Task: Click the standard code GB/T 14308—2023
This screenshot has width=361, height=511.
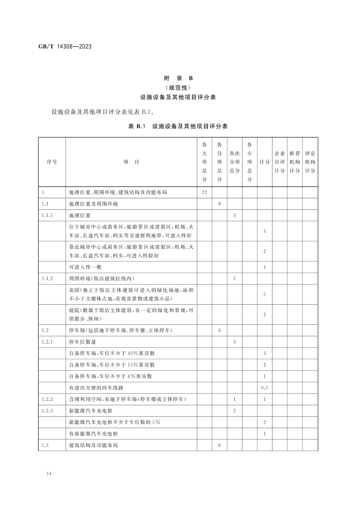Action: [65, 47]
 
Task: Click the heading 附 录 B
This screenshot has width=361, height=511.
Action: [178, 78]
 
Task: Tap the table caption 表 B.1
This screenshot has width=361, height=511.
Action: [137, 126]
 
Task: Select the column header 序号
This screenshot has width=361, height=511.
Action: [52, 162]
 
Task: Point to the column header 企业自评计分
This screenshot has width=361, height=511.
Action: [279, 162]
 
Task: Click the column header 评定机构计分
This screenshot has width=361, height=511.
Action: [310, 162]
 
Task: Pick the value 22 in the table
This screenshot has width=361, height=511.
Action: [204, 192]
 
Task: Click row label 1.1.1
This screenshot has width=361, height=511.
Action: [47, 216]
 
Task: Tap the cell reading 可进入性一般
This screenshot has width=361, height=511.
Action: [85, 267]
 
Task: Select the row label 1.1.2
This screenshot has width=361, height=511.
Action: [47, 278]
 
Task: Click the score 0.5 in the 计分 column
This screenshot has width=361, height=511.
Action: [264, 388]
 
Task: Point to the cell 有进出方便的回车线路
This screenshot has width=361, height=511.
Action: [96, 388]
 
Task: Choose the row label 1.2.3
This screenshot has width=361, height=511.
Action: [47, 411]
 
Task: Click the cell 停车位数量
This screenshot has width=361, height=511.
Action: [83, 342]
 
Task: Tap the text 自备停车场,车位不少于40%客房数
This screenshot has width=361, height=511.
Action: [112, 353]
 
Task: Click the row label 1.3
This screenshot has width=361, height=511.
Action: [45, 445]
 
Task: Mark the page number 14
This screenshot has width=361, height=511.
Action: [49, 474]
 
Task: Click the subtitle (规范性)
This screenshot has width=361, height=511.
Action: [178, 88]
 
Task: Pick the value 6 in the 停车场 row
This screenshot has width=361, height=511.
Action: [219, 330]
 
